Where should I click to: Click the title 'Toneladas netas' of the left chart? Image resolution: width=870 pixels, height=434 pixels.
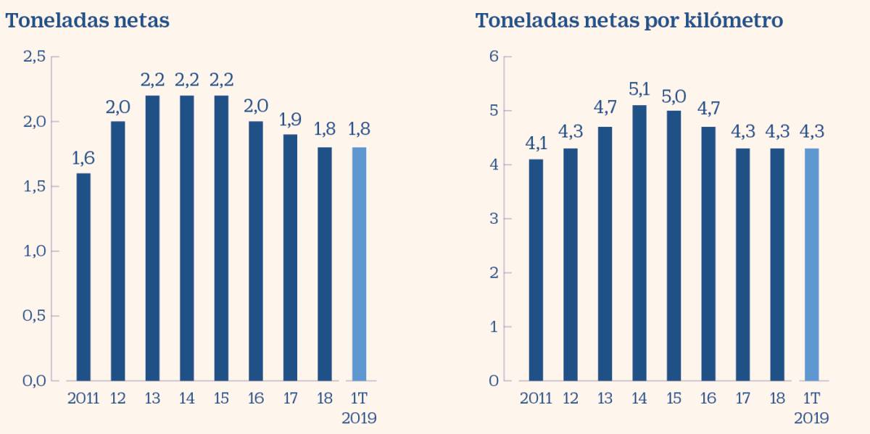(87, 21)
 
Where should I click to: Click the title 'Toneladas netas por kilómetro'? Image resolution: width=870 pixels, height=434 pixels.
(629, 21)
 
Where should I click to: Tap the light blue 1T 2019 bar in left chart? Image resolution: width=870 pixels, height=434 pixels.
(359, 264)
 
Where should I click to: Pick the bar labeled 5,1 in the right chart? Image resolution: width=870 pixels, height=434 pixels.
(640, 243)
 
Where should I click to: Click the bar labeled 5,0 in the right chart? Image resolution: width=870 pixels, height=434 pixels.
(674, 246)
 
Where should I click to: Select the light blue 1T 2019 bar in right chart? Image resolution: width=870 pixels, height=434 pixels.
(811, 264)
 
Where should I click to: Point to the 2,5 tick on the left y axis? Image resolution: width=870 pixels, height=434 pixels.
(35, 57)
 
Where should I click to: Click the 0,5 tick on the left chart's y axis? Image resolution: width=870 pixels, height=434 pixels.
(35, 316)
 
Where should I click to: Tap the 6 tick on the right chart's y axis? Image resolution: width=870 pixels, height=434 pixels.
(495, 57)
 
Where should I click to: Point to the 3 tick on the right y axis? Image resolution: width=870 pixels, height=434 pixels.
(495, 219)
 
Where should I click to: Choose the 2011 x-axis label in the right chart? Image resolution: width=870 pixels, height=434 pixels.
(536, 398)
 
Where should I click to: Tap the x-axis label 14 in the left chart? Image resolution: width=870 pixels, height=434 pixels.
(187, 398)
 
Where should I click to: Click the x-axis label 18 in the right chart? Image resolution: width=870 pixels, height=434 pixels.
(777, 398)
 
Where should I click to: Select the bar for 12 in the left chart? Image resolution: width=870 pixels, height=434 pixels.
(118, 251)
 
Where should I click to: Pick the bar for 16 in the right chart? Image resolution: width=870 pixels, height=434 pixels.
(708, 254)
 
